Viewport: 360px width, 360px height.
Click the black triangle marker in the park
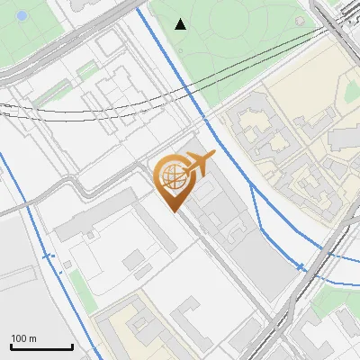(181, 23)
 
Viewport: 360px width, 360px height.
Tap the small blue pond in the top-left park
(22, 15)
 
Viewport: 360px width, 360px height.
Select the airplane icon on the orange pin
(198, 164)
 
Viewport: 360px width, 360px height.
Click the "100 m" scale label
(24, 338)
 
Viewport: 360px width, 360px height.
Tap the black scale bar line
(41, 347)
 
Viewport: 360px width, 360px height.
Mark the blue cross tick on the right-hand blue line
(301, 266)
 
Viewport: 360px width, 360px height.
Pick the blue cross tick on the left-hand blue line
(50, 256)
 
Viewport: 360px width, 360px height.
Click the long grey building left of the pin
(90, 221)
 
